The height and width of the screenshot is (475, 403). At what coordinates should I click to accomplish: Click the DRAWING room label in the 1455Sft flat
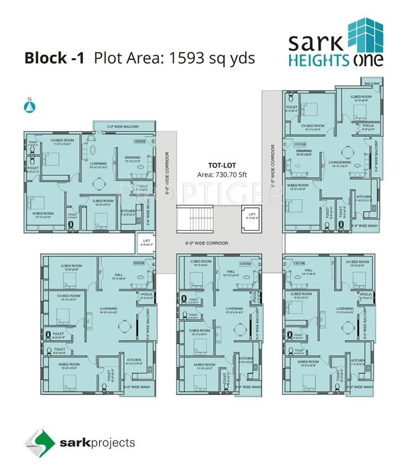(132, 157)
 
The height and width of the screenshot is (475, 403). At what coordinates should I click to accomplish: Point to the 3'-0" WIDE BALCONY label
(123, 127)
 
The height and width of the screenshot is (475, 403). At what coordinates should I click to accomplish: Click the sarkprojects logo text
(97, 443)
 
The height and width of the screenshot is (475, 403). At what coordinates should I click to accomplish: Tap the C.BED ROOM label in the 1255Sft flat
(202, 262)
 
